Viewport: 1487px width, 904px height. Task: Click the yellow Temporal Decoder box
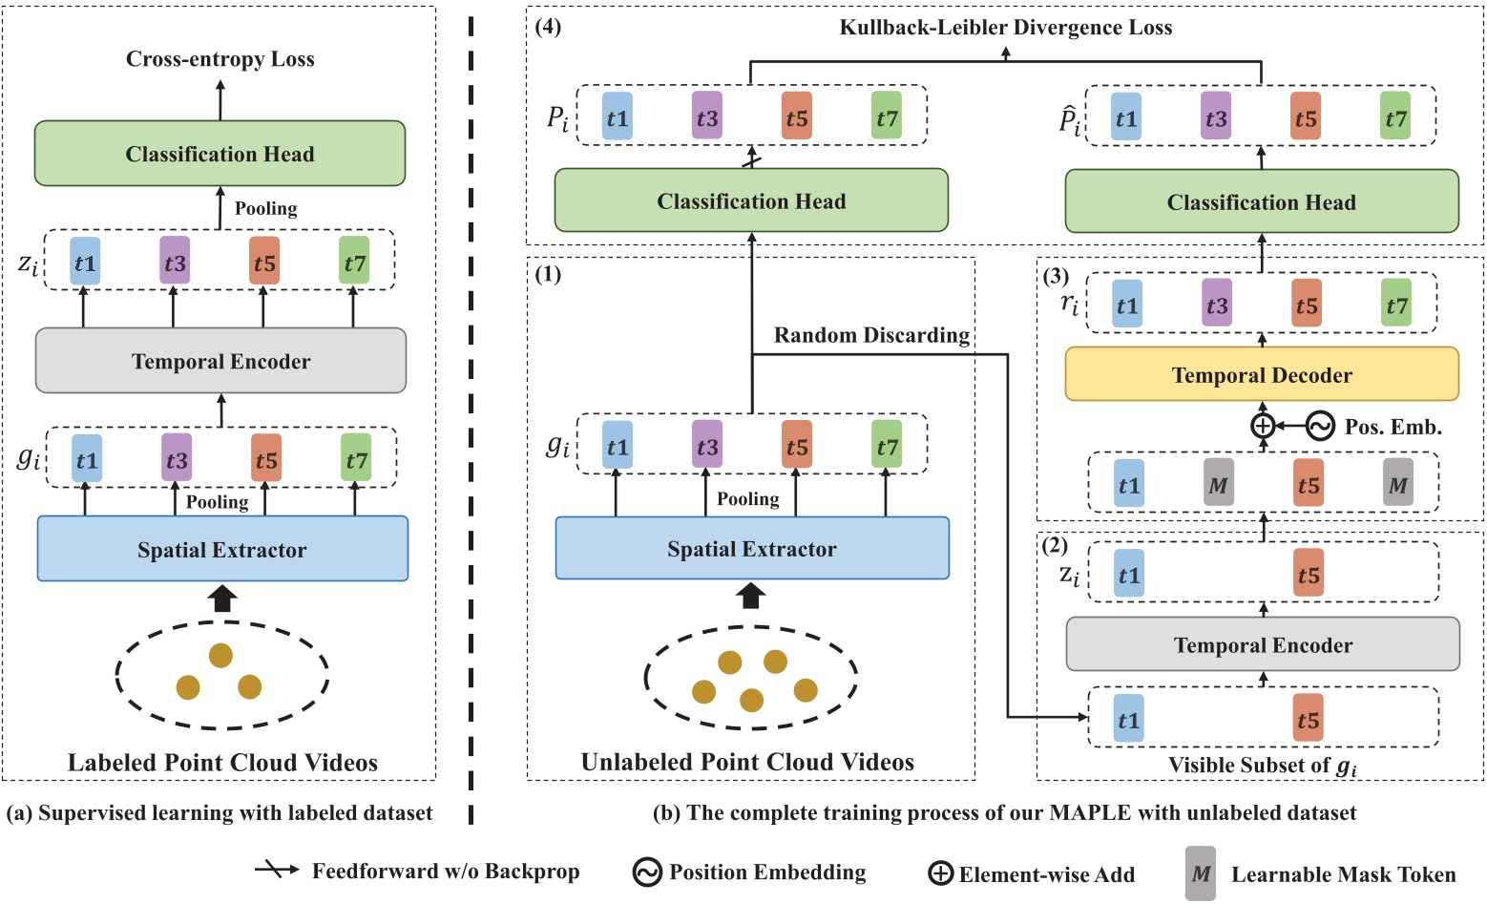point(1261,374)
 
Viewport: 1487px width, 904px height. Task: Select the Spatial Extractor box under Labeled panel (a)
point(222,549)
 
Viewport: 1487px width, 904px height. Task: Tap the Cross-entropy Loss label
point(220,59)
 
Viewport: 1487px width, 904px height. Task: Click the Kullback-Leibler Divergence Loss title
point(1005,28)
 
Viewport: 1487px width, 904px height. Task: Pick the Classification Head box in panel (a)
point(220,154)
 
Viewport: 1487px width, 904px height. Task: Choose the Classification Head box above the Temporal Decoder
point(1261,201)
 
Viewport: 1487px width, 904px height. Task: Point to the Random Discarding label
point(870,335)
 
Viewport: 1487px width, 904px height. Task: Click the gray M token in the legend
point(1200,873)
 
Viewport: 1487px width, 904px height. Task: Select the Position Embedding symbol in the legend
point(647,872)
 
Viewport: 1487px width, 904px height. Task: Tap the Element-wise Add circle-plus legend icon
point(940,873)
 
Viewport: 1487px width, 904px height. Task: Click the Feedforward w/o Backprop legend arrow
point(278,871)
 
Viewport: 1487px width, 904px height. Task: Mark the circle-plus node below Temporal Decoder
point(1262,426)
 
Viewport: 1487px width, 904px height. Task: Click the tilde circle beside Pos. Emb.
point(1320,426)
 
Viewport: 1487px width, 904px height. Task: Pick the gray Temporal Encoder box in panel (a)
point(220,361)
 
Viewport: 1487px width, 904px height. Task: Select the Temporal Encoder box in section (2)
point(1262,644)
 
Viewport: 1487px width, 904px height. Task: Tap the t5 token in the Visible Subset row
point(1308,720)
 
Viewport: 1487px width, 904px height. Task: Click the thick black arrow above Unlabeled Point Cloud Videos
point(751,596)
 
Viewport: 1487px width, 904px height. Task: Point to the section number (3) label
point(1056,277)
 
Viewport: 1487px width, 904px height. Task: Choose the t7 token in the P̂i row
point(1395,118)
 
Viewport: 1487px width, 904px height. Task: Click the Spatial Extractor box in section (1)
point(752,549)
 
